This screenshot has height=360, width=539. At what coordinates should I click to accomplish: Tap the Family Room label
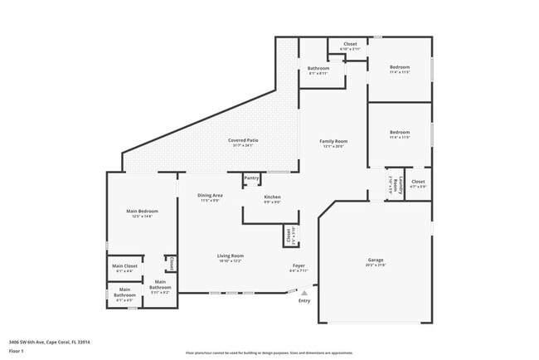(333, 142)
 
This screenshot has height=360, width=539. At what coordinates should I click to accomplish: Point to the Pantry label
(251, 178)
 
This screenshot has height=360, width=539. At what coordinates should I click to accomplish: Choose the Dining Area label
(210, 195)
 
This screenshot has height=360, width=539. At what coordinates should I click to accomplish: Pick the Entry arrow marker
(305, 293)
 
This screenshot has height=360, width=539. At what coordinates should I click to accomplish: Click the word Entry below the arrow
(305, 300)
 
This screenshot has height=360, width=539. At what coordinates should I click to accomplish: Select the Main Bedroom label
(142, 212)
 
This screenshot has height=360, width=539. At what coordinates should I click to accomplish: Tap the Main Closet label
(124, 266)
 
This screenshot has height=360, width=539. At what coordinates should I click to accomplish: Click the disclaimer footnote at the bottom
(269, 353)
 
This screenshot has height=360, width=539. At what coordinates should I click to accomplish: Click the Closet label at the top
(350, 44)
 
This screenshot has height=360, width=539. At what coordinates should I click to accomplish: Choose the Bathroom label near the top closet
(318, 68)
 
